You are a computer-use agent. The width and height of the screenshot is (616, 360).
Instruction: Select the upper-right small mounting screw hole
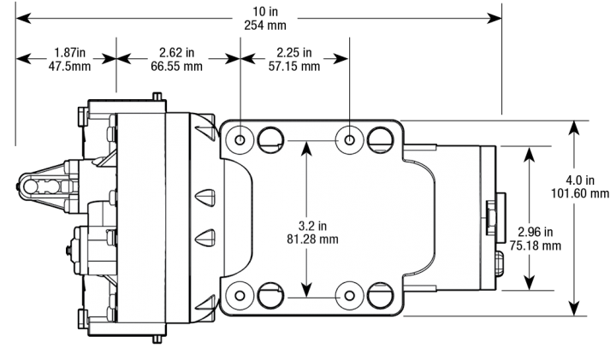coord(349,137)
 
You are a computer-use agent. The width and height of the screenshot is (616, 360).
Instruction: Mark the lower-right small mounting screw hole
coord(349,295)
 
